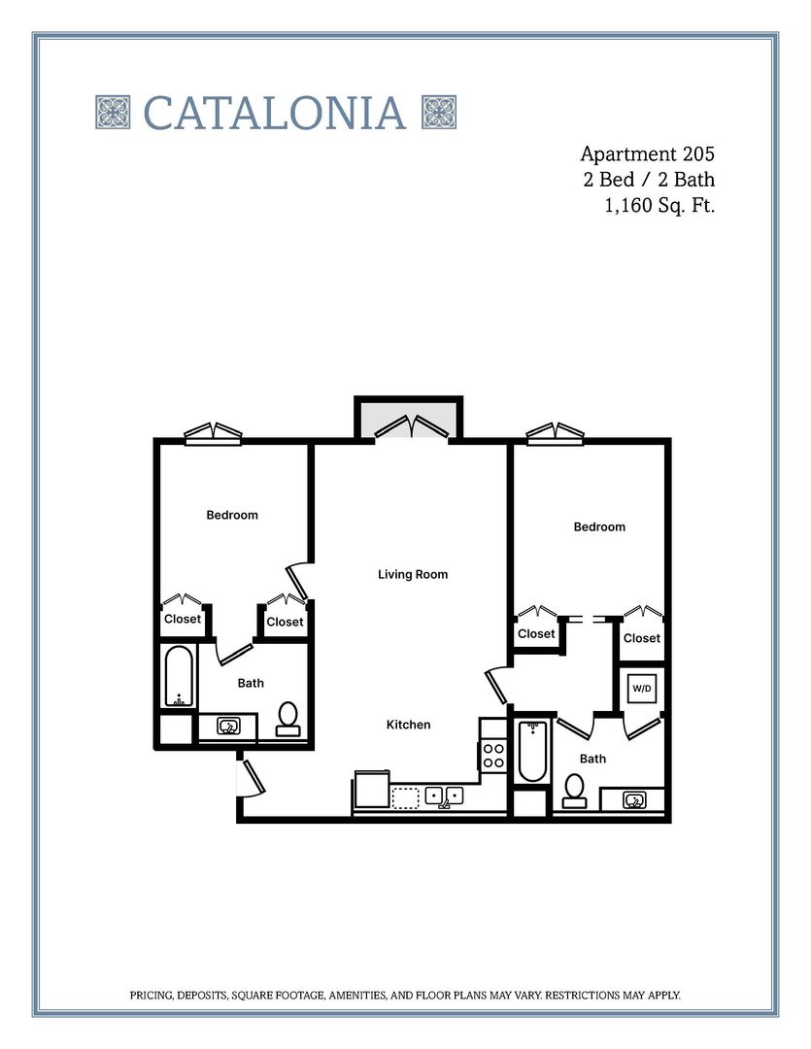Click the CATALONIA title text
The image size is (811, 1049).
point(275,113)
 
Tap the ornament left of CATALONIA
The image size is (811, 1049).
point(113,112)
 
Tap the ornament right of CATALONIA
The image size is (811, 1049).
point(439,112)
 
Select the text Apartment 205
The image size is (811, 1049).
point(647,153)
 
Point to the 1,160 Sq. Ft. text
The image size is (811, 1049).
point(659,204)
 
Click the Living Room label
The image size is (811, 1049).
point(413,574)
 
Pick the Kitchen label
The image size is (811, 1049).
point(408,725)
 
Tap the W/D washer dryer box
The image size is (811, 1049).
point(642,689)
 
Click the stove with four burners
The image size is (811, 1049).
point(493,755)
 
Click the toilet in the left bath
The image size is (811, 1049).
point(287,719)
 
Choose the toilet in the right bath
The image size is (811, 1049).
point(574,790)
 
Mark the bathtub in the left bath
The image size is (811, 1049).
point(178,676)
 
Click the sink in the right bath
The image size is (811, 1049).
point(633,800)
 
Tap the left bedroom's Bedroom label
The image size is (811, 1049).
point(232,515)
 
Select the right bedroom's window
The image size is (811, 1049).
point(555,433)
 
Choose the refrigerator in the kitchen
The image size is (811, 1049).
point(370,789)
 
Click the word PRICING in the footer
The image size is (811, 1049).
point(154,996)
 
